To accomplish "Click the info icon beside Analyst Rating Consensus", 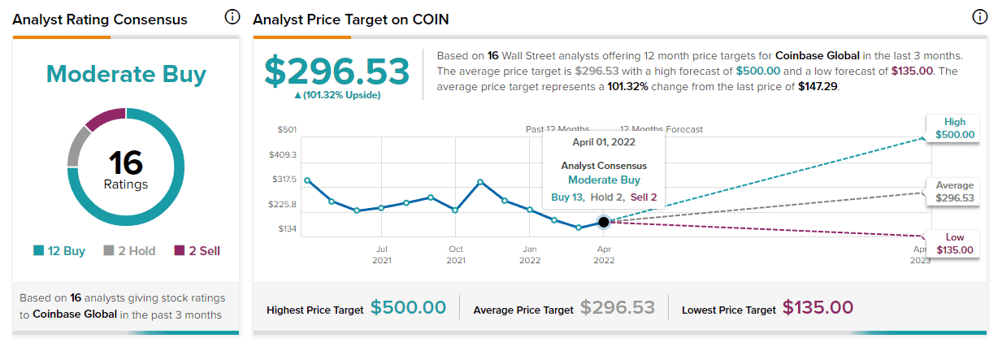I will coord(232,18).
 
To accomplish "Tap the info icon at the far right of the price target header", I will coord(979,18).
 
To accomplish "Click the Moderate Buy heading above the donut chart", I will coord(126,74).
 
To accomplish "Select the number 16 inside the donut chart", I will coord(126,164).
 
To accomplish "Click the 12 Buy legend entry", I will coord(59,251).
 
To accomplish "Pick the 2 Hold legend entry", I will coord(129,251).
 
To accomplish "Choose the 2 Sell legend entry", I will coord(197,251).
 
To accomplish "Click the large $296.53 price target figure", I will coord(337,72).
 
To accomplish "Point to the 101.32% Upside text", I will coord(337,95).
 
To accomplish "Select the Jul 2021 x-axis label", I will coord(381,254).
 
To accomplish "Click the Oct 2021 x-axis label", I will coord(456,254).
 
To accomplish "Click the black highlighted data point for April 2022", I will coord(603,222).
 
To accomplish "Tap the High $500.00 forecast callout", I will coord(954,128).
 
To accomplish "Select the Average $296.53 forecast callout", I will coord(954,192).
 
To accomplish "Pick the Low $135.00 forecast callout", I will coord(954,243).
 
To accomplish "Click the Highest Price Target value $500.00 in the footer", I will coord(408,308).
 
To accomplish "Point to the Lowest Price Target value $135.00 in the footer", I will coord(818,308).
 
